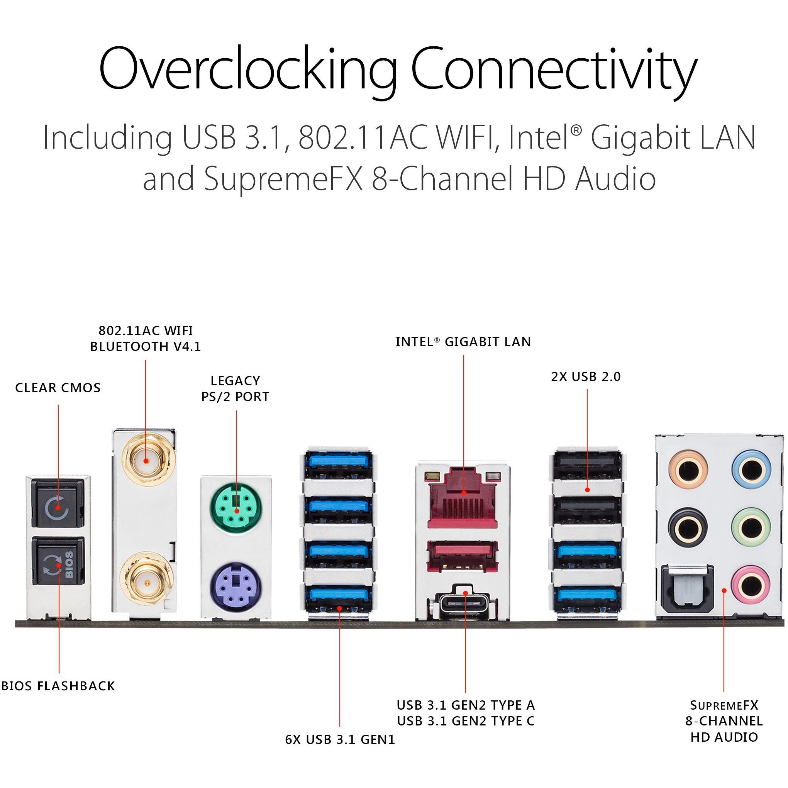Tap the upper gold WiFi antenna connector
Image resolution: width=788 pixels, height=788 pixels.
pos(146,461)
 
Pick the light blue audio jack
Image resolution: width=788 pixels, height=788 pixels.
pos(751,470)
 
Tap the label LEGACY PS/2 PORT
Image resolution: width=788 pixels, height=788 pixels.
pos(236,389)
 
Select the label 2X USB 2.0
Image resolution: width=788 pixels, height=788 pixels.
pos(586,376)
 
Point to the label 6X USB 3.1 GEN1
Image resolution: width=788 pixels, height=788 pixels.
pos(340,739)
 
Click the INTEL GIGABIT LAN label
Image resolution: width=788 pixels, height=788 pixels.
pos(463,342)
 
